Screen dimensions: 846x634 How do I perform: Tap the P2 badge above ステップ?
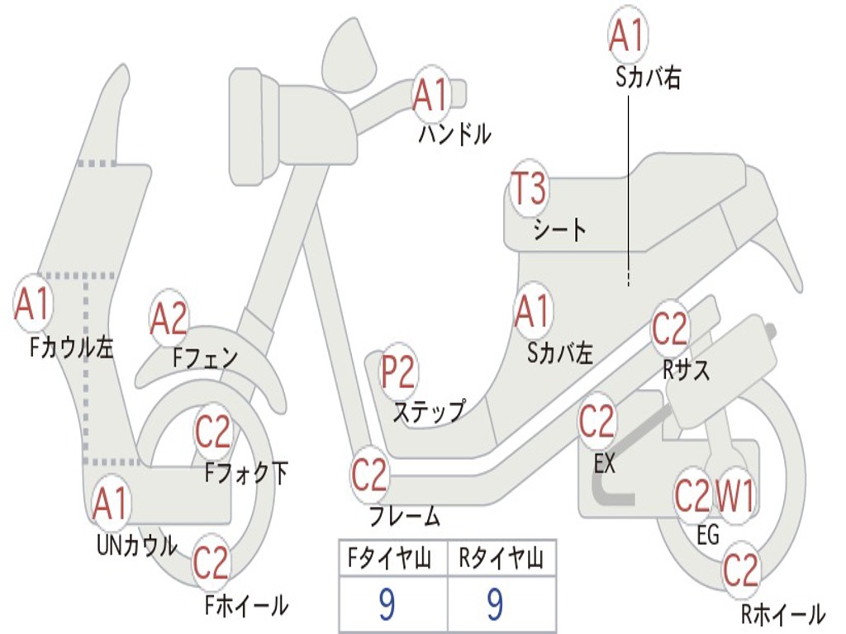pyautogui.click(x=397, y=371)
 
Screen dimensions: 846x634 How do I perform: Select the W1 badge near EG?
pyautogui.click(x=734, y=495)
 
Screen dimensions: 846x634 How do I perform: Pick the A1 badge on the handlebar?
pyautogui.click(x=430, y=94)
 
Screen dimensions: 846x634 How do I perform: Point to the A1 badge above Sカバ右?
pyautogui.click(x=628, y=35)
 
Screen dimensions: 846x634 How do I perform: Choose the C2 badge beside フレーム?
pyautogui.click(x=369, y=475)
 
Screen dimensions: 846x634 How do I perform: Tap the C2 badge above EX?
pyautogui.click(x=596, y=421)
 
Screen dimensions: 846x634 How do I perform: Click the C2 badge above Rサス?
pyautogui.click(x=670, y=329)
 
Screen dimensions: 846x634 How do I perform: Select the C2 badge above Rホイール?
pyautogui.click(x=741, y=570)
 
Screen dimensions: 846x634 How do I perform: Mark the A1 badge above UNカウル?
pyautogui.click(x=111, y=504)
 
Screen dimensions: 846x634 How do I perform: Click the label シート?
pyautogui.click(x=559, y=229)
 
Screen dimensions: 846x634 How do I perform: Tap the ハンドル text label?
pyautogui.click(x=454, y=134)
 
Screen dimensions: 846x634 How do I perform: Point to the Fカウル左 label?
pyautogui.click(x=71, y=348)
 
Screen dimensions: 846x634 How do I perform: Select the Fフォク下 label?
pyautogui.click(x=245, y=473)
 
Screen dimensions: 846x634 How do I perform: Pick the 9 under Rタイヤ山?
pyautogui.click(x=495, y=604)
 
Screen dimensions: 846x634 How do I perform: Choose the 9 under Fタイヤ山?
pyautogui.click(x=387, y=604)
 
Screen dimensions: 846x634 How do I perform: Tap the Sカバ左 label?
pyautogui.click(x=559, y=353)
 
